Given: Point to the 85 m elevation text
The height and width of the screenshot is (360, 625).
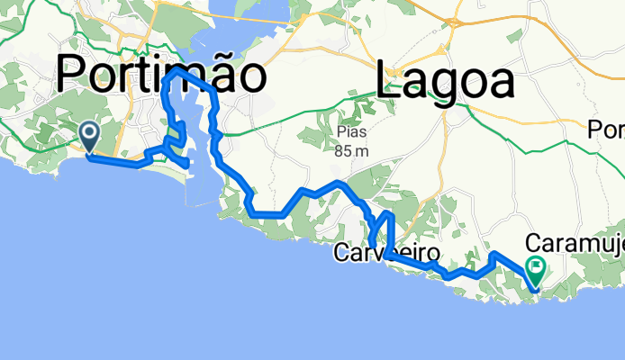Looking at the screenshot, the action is click(352, 150).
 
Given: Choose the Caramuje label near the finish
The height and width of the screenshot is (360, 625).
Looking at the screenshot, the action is click(574, 242).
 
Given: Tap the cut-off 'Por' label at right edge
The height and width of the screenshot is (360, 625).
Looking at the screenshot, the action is click(606, 130).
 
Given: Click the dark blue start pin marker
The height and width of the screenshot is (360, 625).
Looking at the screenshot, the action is click(90, 137).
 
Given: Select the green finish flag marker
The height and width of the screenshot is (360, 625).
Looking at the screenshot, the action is click(538, 267).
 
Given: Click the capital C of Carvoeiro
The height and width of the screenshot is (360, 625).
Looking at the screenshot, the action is click(341, 253).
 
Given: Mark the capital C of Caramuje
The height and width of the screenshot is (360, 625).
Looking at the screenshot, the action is click(532, 242).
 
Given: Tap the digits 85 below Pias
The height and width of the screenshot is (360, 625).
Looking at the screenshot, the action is click(341, 150).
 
